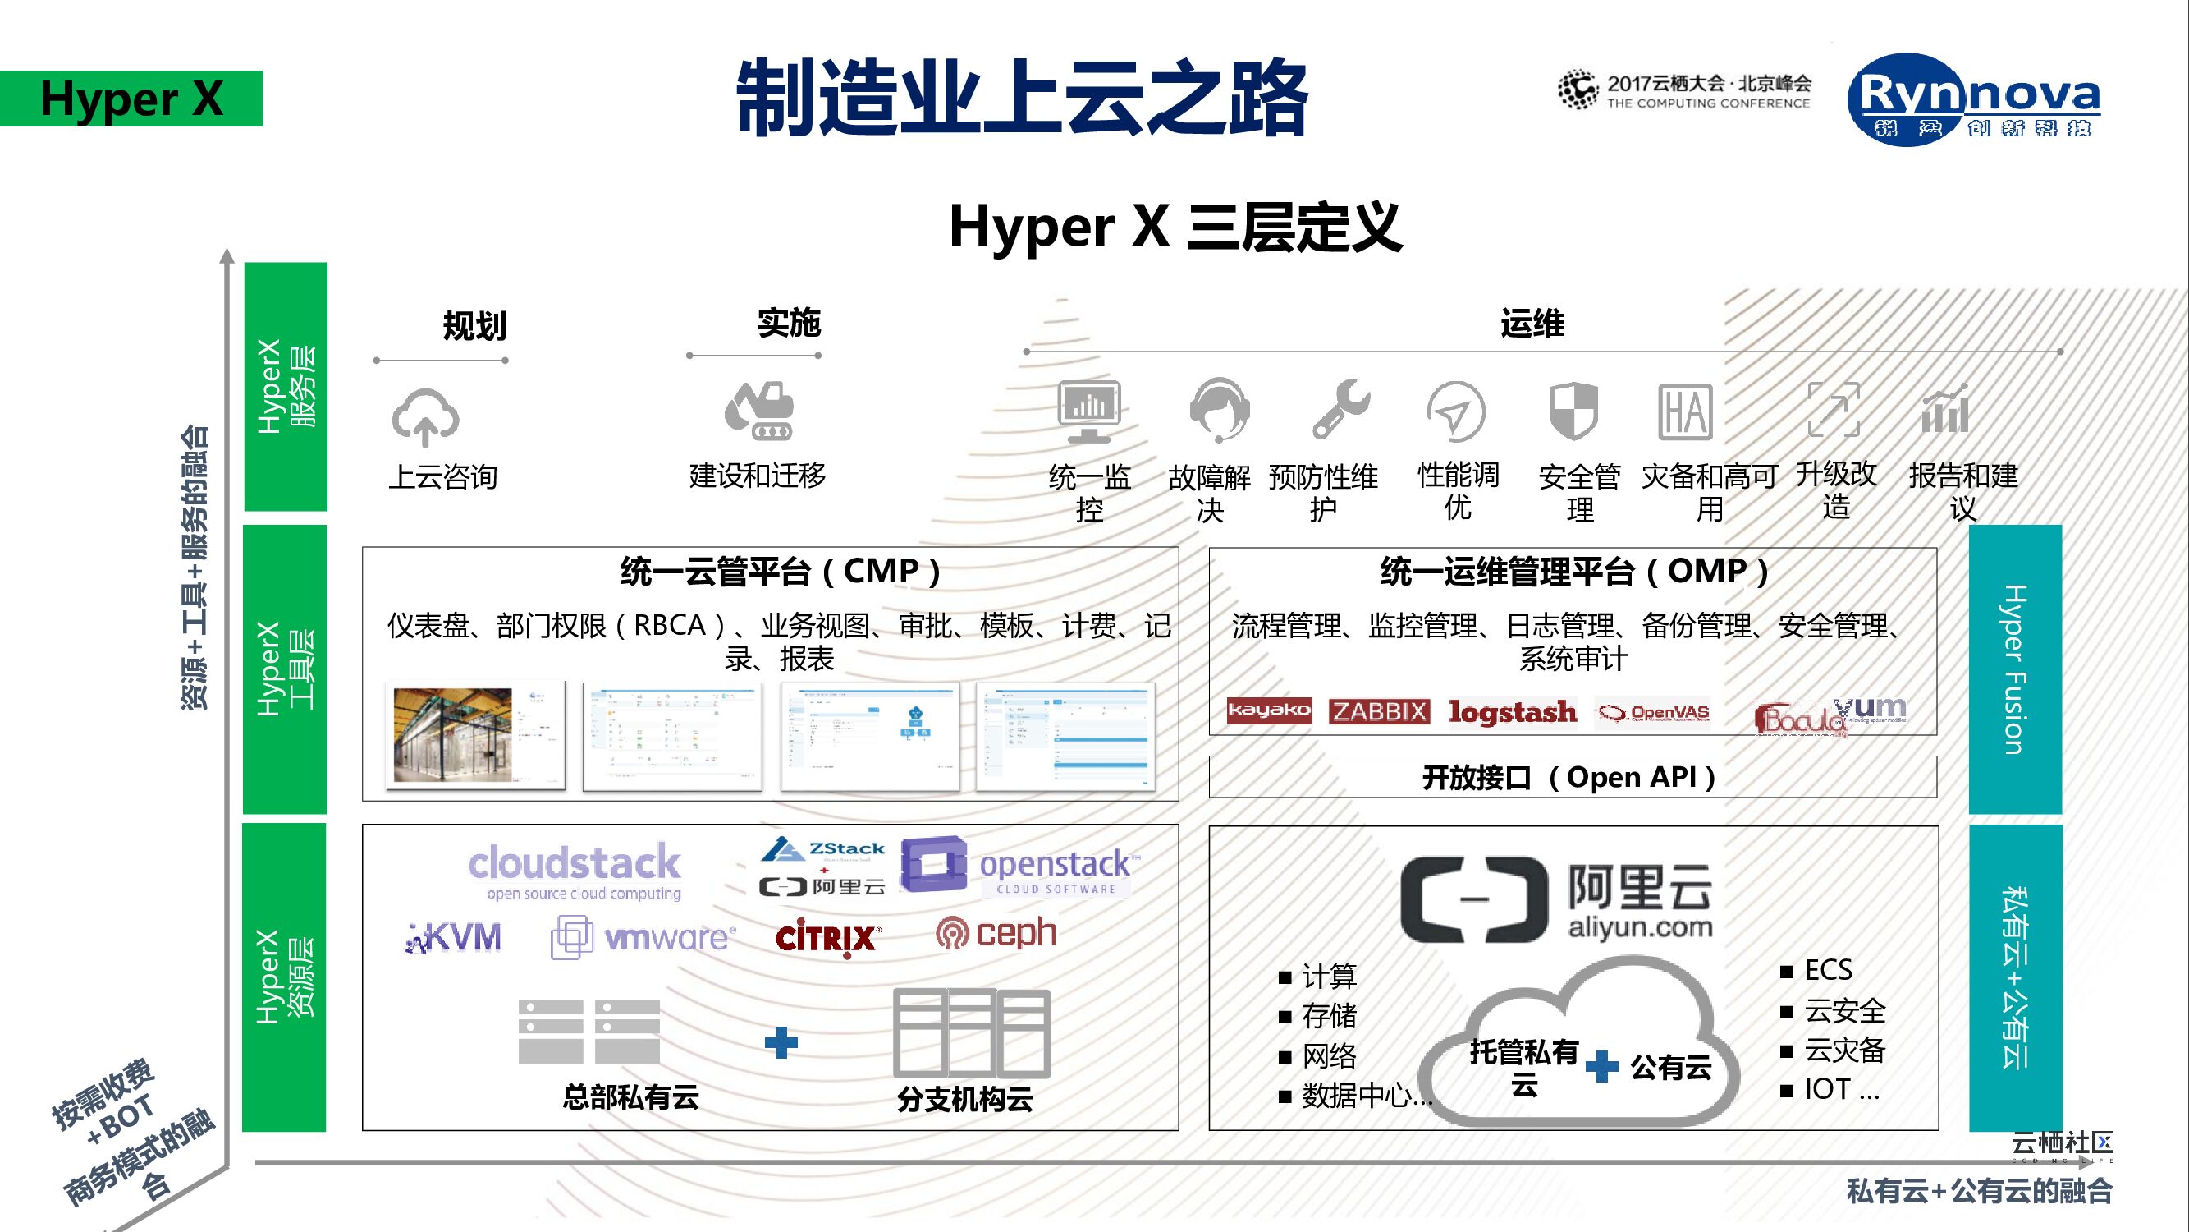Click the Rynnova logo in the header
(x=1973, y=99)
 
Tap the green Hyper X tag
(x=131, y=99)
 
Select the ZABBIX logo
(x=1379, y=710)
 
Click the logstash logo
(x=1513, y=711)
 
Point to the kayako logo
(x=1269, y=710)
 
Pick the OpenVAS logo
(x=1653, y=712)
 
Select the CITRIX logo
(x=827, y=938)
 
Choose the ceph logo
(x=996, y=934)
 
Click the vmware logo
(x=643, y=937)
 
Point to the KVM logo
(x=455, y=937)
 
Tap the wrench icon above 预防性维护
(x=1340, y=409)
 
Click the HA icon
(x=1684, y=411)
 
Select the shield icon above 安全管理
(x=1573, y=411)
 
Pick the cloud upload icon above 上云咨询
(x=425, y=417)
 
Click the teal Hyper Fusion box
(x=2015, y=669)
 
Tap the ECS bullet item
(x=1827, y=970)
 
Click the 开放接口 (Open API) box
(x=1572, y=777)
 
